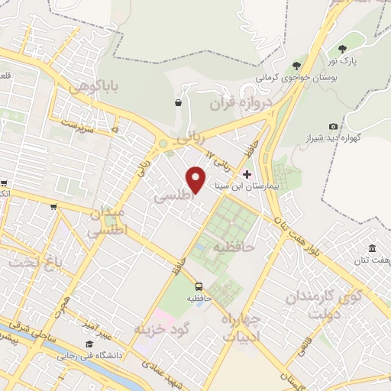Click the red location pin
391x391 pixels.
(196, 179)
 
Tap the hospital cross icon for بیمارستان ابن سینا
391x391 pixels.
(246, 173)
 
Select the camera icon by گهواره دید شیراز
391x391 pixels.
(333, 126)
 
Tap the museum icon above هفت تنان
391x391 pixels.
(372, 249)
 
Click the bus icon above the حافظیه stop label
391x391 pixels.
(199, 286)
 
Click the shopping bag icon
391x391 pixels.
(178, 102)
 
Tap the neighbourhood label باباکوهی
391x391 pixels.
(94, 87)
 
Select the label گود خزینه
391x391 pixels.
(160, 328)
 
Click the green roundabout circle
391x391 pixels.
(162, 143)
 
